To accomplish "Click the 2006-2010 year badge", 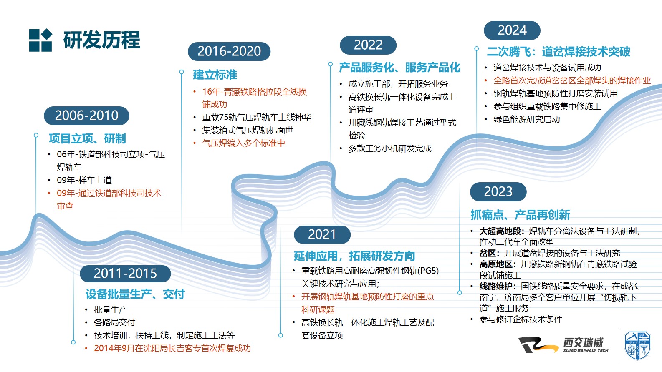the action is click(x=86, y=116).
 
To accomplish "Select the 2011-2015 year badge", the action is click(x=125, y=274).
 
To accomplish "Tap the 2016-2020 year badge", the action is click(x=229, y=51).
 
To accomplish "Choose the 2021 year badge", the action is click(x=322, y=235).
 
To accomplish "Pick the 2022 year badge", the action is click(x=368, y=45).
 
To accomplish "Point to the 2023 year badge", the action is click(x=498, y=191).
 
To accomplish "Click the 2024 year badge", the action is click(x=512, y=30).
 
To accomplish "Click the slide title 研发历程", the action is click(x=102, y=40).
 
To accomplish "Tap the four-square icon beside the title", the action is click(x=40, y=40).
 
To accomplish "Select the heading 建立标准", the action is click(x=215, y=75).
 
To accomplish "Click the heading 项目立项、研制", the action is click(x=88, y=138).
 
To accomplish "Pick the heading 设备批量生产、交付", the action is click(x=135, y=294).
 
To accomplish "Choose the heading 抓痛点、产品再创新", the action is click(x=520, y=215).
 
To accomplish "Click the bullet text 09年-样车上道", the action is click(x=84, y=180).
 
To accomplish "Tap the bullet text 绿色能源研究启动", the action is click(x=527, y=119).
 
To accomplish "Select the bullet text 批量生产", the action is click(x=111, y=310).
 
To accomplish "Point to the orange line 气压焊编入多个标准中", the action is click(x=243, y=143).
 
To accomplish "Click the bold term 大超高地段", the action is click(x=500, y=231).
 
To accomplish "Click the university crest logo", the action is click(x=637, y=345).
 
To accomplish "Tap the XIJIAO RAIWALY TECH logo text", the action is click(x=586, y=350).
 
